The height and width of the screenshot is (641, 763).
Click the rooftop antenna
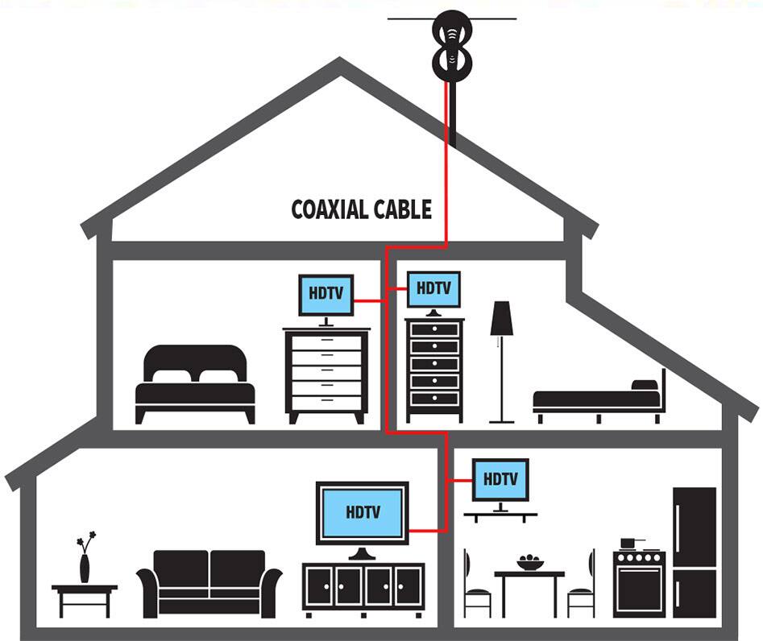coord(451,44)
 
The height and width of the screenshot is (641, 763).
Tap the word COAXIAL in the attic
coord(330,210)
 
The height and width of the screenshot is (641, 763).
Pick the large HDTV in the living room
coord(362,512)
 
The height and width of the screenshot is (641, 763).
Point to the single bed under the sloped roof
coord(600,398)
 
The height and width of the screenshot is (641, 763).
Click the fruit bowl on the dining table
coord(529,562)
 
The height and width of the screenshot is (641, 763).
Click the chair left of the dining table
coord(476,585)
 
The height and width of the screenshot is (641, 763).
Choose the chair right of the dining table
coord(582,585)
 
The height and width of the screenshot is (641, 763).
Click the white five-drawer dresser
coord(326,374)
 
